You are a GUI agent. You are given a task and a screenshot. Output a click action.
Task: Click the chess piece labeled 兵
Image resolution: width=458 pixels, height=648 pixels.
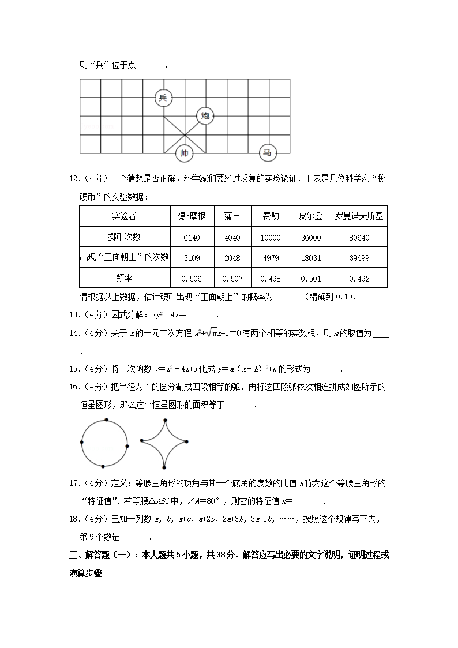163,98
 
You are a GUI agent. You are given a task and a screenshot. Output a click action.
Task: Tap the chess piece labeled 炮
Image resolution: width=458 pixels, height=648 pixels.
205,117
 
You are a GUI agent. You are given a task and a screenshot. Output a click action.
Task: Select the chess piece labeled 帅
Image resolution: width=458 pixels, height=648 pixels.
184,153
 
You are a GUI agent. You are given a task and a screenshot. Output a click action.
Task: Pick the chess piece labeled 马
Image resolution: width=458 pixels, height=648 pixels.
267,153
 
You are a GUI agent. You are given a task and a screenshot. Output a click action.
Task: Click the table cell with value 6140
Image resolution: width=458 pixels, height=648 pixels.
192,238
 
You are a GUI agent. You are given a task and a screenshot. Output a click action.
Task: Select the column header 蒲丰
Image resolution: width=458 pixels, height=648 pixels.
232,216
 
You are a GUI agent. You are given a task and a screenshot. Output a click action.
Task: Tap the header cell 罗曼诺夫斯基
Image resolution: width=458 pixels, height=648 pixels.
359,216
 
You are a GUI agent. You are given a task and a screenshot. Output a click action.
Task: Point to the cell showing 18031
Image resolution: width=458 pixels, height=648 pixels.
310,258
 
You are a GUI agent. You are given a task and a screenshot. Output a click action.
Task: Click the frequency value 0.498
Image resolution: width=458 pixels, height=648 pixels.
271,279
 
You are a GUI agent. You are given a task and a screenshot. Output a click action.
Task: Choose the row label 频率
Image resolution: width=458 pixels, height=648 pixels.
124,278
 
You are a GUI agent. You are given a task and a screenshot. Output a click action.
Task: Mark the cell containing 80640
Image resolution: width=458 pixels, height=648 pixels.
359,238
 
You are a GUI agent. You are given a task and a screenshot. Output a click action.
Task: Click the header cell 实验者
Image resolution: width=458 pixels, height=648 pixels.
124,216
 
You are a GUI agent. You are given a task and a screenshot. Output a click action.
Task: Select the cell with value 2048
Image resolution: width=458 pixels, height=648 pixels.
232,258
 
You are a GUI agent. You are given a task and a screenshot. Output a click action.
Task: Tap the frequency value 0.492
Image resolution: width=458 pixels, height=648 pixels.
359,279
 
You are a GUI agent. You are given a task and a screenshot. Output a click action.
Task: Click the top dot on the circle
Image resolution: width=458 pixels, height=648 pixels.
106,419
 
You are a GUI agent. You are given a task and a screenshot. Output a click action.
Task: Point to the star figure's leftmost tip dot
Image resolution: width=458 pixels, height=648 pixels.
141,440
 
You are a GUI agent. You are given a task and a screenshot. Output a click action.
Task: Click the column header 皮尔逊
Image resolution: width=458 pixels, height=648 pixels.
310,216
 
